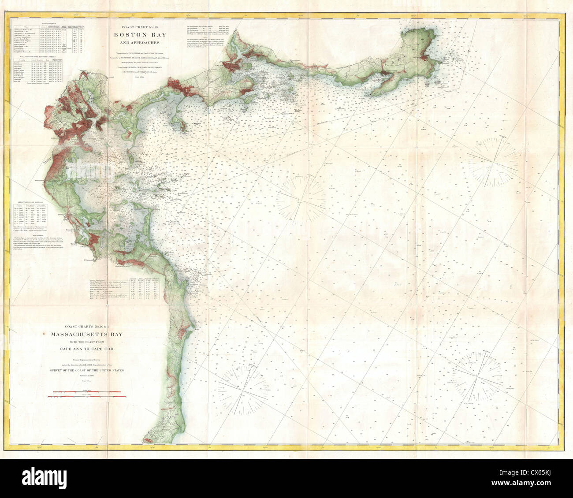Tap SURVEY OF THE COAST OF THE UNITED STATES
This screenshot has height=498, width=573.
[88, 371]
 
